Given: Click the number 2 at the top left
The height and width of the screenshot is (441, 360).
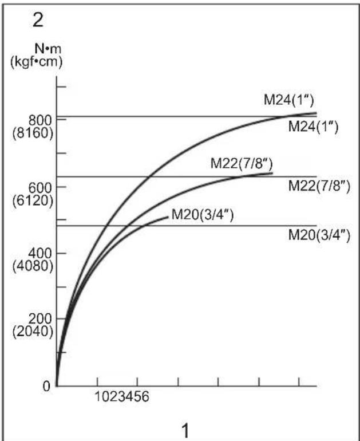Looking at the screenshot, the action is click(38, 20).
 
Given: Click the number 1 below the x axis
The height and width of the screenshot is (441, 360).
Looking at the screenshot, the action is click(185, 431).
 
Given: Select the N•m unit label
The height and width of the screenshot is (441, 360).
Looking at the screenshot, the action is click(48, 49).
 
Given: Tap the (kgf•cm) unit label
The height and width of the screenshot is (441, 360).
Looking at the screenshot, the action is click(36, 62).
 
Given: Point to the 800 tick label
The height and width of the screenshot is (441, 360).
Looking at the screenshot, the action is click(41, 120).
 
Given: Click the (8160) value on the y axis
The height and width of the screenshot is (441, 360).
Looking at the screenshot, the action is click(33, 133).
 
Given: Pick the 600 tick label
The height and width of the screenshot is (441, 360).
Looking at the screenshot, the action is click(41, 188).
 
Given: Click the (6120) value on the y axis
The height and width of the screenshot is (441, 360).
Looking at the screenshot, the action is click(33, 200).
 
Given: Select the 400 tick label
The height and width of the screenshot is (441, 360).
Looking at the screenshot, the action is click(41, 253).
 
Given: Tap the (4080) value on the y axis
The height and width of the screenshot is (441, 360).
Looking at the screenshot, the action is click(33, 266).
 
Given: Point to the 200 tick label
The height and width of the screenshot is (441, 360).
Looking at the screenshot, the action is click(41, 319).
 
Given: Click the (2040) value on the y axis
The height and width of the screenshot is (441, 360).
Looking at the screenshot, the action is click(33, 332).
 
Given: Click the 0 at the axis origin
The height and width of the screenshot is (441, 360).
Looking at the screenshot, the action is click(46, 386).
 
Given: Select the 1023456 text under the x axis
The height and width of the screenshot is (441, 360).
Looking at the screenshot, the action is click(122, 397).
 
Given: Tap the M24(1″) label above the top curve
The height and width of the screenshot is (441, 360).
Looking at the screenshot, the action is click(288, 100).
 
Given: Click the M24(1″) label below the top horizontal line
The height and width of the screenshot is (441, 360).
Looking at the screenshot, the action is click(313, 127).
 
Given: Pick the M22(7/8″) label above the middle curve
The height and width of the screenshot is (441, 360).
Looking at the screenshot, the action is click(242, 163).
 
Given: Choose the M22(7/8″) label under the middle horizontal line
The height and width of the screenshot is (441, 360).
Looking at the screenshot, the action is click(319, 186).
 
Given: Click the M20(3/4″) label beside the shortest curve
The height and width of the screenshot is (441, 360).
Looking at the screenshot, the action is click(203, 215).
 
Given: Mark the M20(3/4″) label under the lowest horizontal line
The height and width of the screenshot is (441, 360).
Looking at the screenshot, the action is click(319, 235).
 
